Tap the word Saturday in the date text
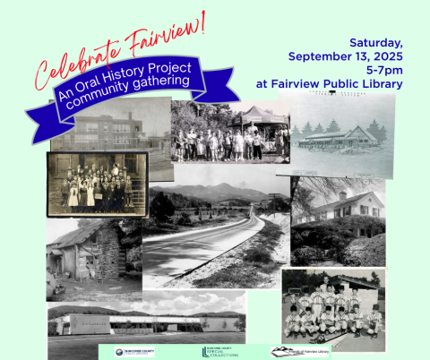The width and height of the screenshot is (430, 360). [375, 42]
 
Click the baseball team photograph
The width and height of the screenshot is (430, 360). [332, 310]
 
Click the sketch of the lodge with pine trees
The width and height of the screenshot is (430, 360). [345, 135]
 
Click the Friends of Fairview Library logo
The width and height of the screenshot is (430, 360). [301, 351]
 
